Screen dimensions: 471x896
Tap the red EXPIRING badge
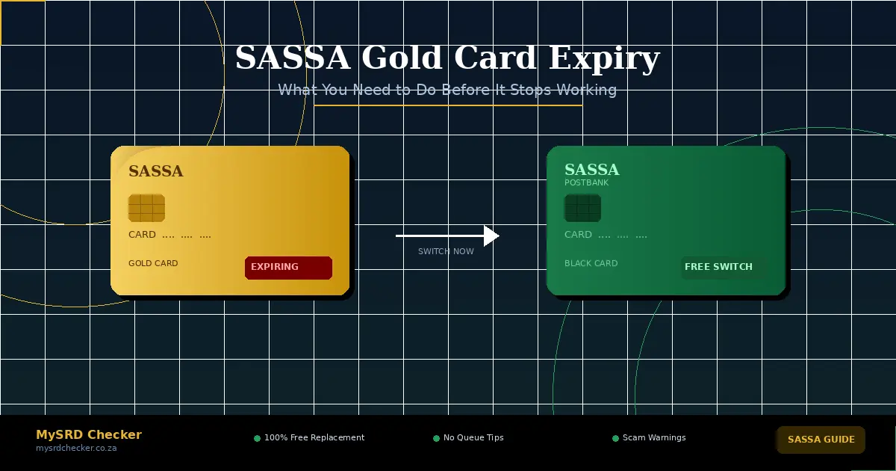288,268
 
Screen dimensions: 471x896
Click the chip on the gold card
146,208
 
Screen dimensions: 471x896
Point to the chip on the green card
582,208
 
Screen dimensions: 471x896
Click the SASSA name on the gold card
155,171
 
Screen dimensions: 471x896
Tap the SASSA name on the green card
591,170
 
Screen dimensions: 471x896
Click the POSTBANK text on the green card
586,183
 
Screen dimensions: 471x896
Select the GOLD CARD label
153,264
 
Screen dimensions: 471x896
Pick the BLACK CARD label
591,264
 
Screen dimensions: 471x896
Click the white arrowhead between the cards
491,235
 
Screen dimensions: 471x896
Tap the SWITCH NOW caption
446,252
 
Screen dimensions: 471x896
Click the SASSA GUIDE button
821,440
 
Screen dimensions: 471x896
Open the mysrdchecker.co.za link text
76,449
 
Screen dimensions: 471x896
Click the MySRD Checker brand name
89,435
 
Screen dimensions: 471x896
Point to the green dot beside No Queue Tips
436,438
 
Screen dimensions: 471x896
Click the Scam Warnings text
654,438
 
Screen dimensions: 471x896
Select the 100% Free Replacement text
314,438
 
